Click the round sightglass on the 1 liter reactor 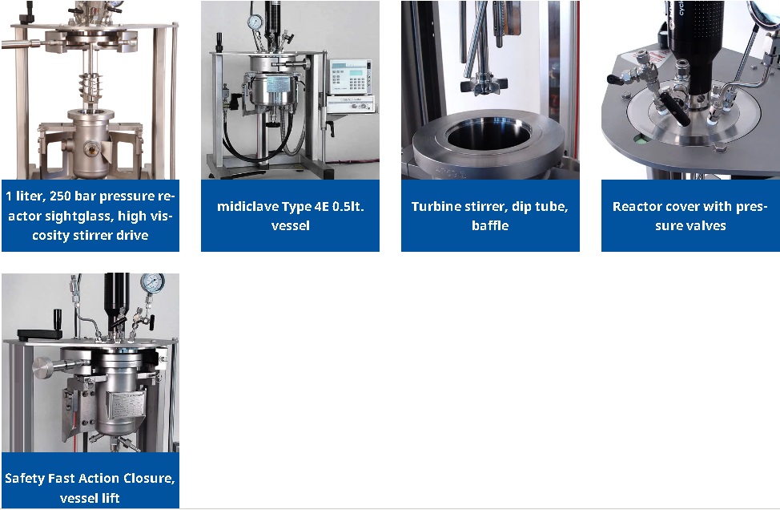pyautogui.click(x=91, y=148)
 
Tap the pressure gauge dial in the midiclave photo pyautogui.click(x=255, y=22)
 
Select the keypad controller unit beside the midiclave pyautogui.click(x=350, y=77)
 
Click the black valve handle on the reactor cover pyautogui.click(x=674, y=108)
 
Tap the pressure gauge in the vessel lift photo pyautogui.click(x=152, y=283)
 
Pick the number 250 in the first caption pyautogui.click(x=60, y=196)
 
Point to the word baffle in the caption pyautogui.click(x=490, y=225)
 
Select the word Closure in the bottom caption pyautogui.click(x=149, y=479)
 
